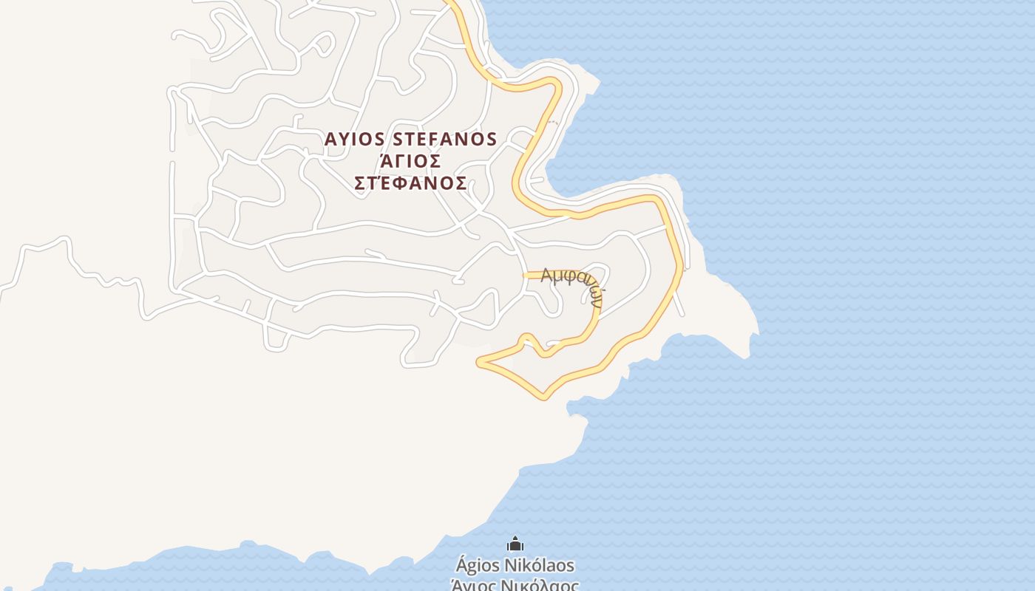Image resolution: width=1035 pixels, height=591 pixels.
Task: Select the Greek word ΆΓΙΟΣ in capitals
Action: click(410, 161)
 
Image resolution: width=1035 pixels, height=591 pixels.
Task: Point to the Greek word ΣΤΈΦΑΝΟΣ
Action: click(410, 183)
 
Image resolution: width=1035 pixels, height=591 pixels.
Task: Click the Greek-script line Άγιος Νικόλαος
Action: click(515, 584)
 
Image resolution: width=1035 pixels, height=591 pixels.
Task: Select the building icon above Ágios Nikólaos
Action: click(515, 545)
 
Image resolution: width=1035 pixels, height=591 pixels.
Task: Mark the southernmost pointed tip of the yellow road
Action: click(545, 397)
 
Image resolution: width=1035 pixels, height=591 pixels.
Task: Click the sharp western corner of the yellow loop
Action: click(479, 362)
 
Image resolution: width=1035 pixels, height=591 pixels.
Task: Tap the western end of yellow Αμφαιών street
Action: click(526, 275)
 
